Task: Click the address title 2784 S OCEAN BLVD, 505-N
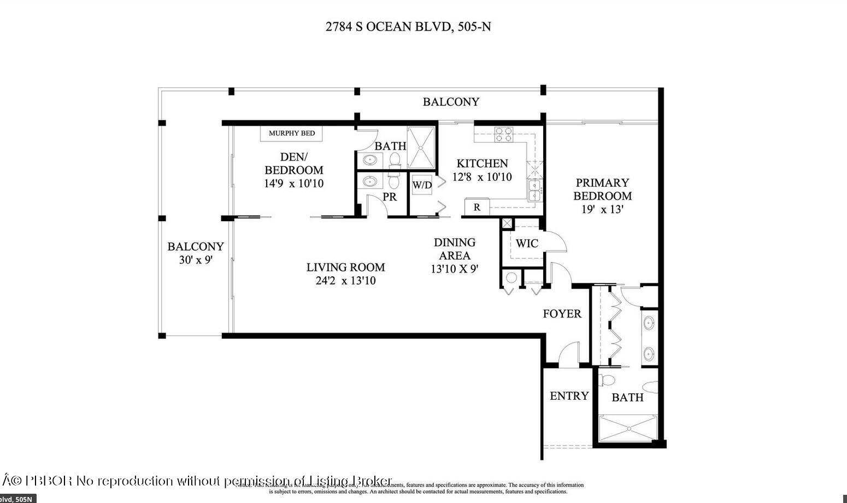point(408,26)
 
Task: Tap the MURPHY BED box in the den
point(291,133)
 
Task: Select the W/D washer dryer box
point(422,185)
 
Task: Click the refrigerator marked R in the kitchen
point(477,208)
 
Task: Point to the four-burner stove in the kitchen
point(503,134)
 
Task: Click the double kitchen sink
point(534,190)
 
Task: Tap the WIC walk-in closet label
point(527,244)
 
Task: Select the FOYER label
point(562,313)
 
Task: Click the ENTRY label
point(569,396)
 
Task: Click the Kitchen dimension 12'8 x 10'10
point(482,177)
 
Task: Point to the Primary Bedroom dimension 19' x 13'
point(602,209)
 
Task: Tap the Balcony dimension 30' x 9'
point(195,260)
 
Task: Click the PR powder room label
point(389,197)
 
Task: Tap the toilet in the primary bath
point(608,380)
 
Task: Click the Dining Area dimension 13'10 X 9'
point(454,269)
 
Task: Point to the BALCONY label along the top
point(451,102)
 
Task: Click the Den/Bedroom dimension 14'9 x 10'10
point(293,184)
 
